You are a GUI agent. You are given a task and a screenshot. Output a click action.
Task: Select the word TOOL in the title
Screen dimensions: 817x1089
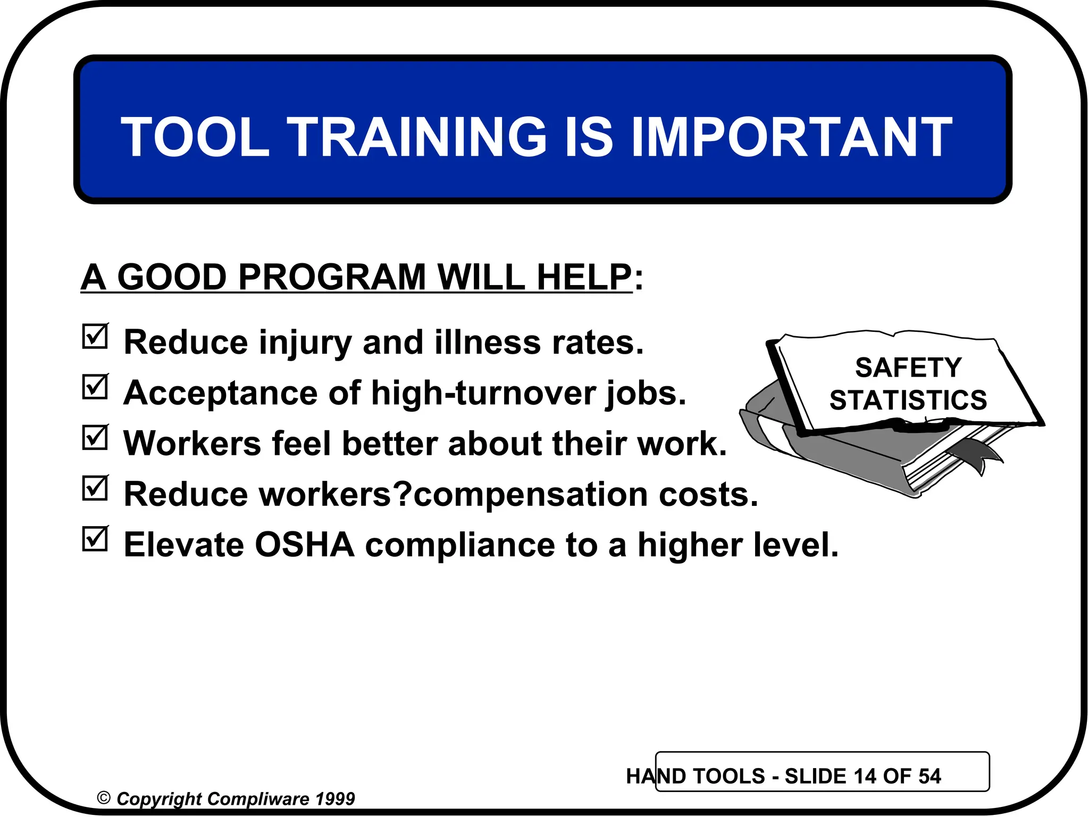195,137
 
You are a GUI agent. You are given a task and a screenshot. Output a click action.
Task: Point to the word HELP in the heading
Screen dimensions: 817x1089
584,277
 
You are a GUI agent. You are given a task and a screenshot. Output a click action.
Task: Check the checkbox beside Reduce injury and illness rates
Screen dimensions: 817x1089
95,337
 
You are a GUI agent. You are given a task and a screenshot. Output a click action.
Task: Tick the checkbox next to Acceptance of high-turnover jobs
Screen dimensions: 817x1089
95,387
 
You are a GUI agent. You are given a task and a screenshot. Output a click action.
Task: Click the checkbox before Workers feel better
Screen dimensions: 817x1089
95,438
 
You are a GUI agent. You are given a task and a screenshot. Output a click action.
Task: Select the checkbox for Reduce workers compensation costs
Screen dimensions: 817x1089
95,488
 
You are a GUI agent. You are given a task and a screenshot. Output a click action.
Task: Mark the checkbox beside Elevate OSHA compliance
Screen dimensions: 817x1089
95,539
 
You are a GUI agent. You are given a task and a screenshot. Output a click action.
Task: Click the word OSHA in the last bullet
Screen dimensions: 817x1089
304,545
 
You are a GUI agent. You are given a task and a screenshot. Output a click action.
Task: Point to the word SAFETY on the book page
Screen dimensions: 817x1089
908,368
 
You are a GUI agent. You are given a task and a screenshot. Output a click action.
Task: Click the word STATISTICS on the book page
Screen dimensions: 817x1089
908,400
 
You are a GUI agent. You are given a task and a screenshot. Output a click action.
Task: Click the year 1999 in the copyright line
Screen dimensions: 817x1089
334,799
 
